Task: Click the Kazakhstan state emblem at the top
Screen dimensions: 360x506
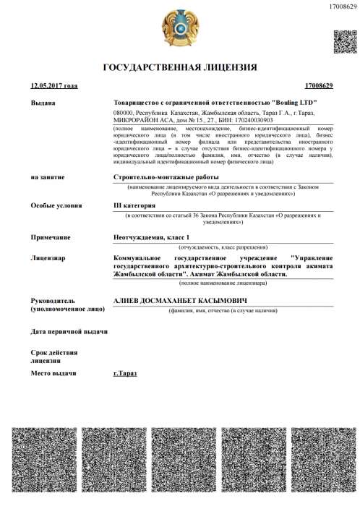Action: tap(179, 29)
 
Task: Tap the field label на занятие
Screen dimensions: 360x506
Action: tap(48, 176)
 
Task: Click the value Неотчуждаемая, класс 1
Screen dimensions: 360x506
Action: tap(154, 237)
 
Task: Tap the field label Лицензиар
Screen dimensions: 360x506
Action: tap(48, 257)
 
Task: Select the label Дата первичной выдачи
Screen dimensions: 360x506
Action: tap(69, 331)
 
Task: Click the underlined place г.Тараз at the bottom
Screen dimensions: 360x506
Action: tap(125, 373)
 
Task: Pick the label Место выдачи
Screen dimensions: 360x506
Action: tap(53, 373)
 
